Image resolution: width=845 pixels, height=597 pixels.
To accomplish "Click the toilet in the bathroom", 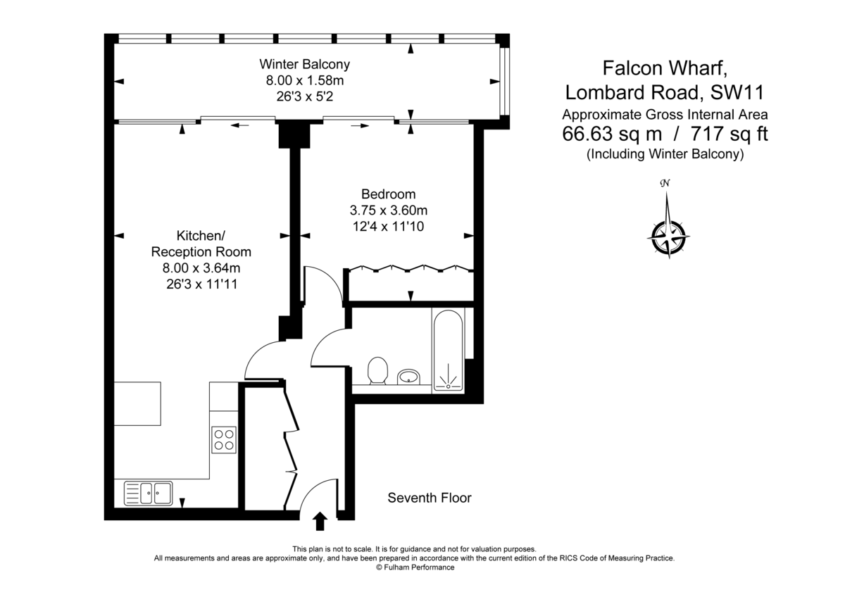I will point(378,370).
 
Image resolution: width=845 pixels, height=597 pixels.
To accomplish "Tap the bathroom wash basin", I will point(408,377).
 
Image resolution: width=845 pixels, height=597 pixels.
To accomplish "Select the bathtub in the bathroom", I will point(448,350).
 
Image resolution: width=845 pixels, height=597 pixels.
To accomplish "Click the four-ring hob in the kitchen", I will point(224,439).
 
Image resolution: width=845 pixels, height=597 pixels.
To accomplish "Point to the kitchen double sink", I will point(149,492).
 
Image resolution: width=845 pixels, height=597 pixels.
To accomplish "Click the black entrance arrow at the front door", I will point(320,521).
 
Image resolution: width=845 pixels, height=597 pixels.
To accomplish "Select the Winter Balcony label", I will point(304,64).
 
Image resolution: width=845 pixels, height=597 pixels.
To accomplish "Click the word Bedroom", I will point(388,194).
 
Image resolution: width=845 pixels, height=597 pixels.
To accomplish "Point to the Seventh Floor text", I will point(430,498).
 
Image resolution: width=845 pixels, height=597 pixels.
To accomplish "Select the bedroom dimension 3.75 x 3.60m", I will point(388,210).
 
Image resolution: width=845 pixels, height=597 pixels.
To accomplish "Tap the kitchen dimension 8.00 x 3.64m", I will point(201,268).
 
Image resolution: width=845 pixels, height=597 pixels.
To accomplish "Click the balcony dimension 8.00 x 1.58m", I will point(304,81).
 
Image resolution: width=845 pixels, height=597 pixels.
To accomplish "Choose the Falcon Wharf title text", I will point(660,68).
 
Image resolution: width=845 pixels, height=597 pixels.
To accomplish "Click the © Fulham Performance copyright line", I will point(415,567).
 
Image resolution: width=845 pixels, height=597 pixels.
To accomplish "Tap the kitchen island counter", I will point(139,403).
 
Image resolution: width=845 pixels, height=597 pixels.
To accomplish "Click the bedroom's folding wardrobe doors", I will point(408,268).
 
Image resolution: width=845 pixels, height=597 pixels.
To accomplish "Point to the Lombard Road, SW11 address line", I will point(665,93).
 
